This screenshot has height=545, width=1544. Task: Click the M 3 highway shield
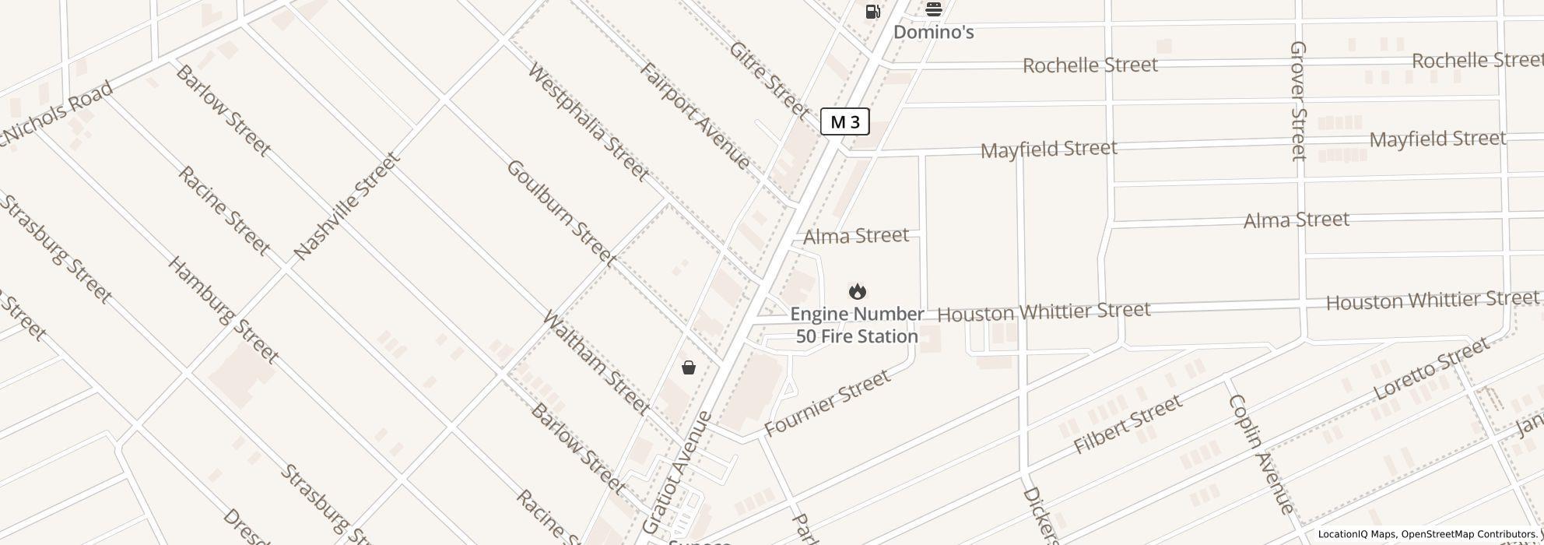[844, 122]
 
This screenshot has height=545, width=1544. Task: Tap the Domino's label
[933, 33]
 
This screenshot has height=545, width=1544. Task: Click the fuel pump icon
[872, 11]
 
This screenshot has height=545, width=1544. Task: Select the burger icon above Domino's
[933, 9]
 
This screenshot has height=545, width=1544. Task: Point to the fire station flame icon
[857, 292]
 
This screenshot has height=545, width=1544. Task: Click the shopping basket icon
[688, 367]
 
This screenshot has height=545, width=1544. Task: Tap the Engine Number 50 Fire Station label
[856, 325]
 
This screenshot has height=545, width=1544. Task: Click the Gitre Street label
[769, 80]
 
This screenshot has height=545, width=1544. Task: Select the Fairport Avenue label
[695, 116]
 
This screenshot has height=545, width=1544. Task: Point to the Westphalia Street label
[588, 122]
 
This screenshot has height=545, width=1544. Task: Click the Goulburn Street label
[560, 212]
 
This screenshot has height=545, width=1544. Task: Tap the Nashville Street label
[347, 206]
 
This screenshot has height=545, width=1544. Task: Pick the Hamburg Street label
[223, 310]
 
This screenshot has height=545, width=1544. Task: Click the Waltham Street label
[595, 362]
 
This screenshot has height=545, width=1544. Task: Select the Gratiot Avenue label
[677, 472]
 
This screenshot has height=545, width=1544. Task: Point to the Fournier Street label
[827, 403]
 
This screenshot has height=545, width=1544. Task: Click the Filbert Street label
[1128, 425]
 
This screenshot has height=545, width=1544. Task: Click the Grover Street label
[1297, 101]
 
